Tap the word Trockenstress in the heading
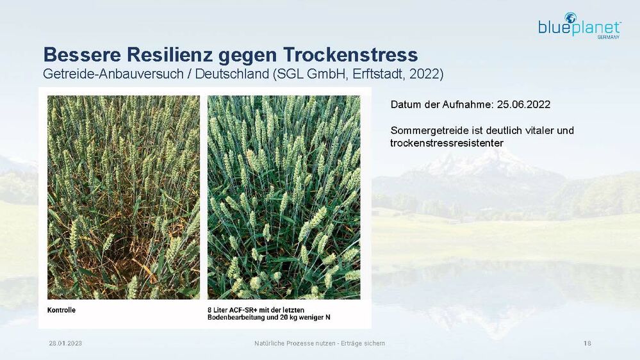click(x=350, y=55)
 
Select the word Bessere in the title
click(x=82, y=54)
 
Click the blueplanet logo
click(x=580, y=26)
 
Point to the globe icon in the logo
click(x=570, y=18)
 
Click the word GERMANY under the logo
click(x=608, y=37)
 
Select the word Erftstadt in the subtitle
click(x=379, y=74)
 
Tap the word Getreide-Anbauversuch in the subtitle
click(x=113, y=74)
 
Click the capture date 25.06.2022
click(x=523, y=104)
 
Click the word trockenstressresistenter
click(x=447, y=143)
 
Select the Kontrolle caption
click(x=62, y=310)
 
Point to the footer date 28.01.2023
click(x=65, y=343)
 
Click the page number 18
click(x=587, y=343)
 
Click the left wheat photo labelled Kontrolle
click(x=124, y=197)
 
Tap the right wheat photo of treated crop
click(x=284, y=197)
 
